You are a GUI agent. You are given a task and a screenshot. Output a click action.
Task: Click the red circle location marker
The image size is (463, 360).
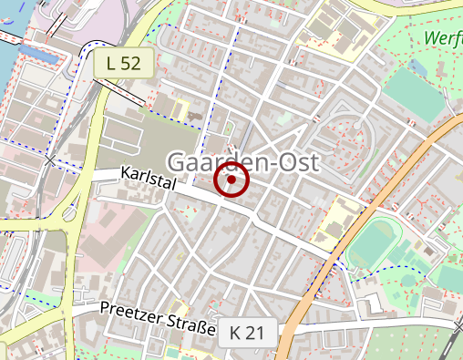tap(231, 180)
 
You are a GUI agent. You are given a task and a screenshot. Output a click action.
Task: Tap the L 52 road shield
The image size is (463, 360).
tap(123, 63)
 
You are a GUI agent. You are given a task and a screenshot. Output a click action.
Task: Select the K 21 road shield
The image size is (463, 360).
tap(247, 333)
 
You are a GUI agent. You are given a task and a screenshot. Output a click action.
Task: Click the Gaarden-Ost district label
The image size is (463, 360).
tap(244, 162)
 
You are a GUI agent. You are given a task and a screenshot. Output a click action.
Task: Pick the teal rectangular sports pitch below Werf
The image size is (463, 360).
tap(411, 92)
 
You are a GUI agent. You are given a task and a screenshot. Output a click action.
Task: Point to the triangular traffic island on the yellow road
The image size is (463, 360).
tap(67, 216)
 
